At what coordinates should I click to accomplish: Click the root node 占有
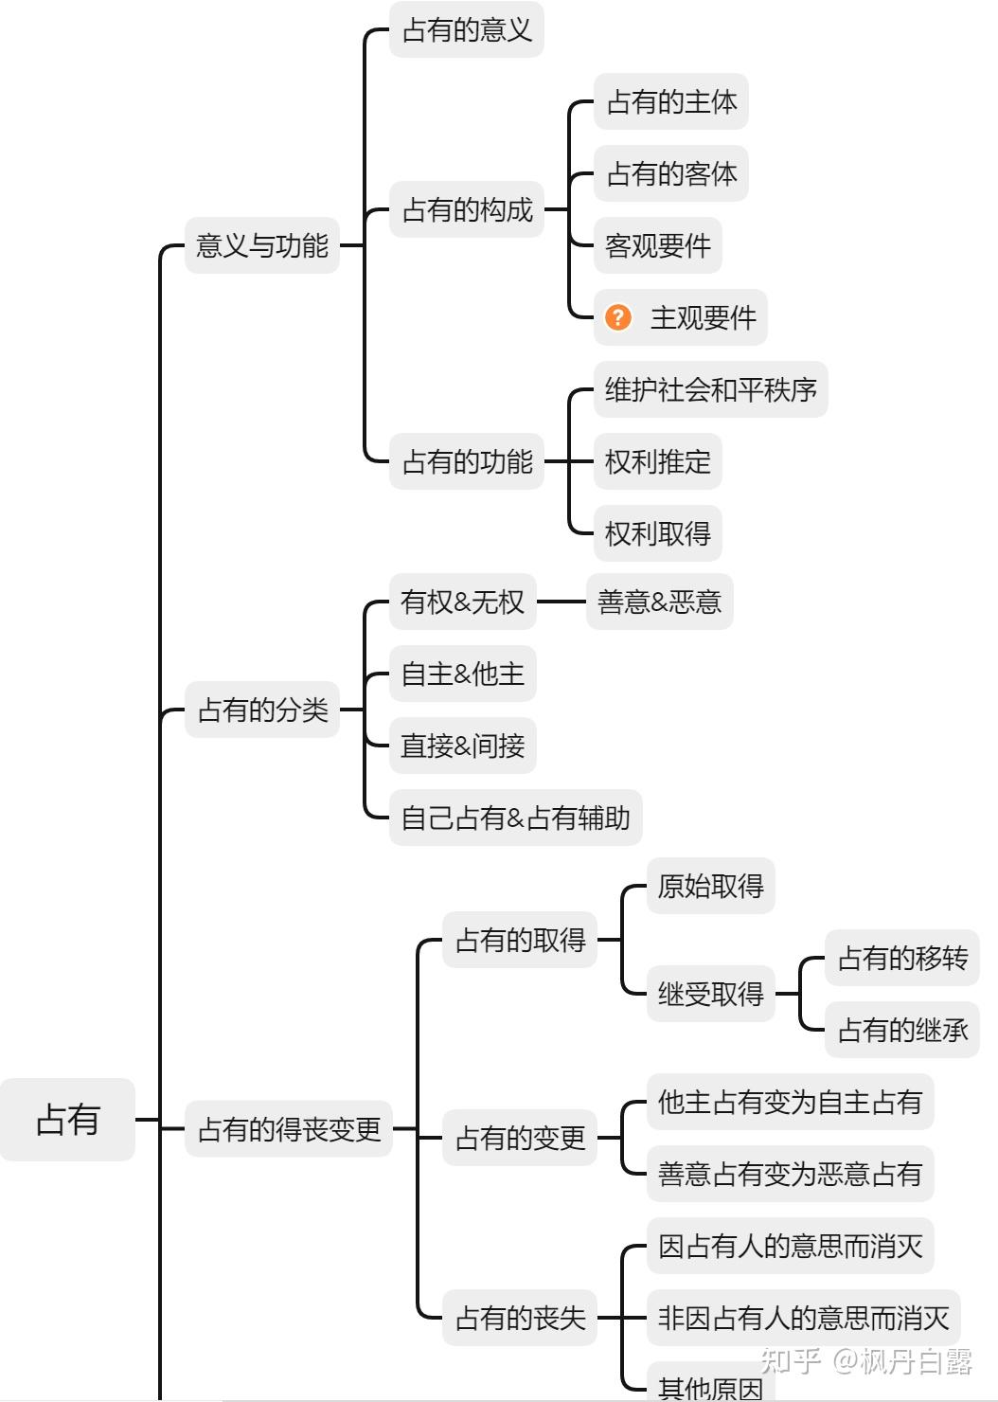(x=67, y=1120)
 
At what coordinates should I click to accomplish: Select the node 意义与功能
(x=262, y=245)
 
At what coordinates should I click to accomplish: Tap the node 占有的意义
(x=467, y=30)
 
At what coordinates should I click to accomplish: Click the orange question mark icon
(x=618, y=317)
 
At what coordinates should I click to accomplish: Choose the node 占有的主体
(x=671, y=101)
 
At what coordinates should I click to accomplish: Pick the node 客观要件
(x=658, y=245)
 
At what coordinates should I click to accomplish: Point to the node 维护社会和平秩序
(x=710, y=389)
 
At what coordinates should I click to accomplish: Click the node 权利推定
(x=658, y=461)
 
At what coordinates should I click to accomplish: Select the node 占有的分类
(x=262, y=710)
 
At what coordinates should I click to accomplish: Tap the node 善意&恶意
(x=660, y=602)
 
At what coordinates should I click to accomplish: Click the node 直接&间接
(x=463, y=746)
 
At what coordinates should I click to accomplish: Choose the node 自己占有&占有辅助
(x=516, y=818)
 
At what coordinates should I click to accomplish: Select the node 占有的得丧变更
(x=289, y=1129)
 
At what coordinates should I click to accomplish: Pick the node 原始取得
(x=711, y=886)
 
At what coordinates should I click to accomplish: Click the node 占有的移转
(x=902, y=958)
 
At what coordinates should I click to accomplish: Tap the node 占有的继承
(x=902, y=1030)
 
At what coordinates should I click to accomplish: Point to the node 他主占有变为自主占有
(x=790, y=1102)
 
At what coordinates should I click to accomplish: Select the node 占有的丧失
(x=520, y=1318)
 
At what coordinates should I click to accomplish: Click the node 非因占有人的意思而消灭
(x=803, y=1318)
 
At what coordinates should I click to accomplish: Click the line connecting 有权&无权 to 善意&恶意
(x=561, y=602)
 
